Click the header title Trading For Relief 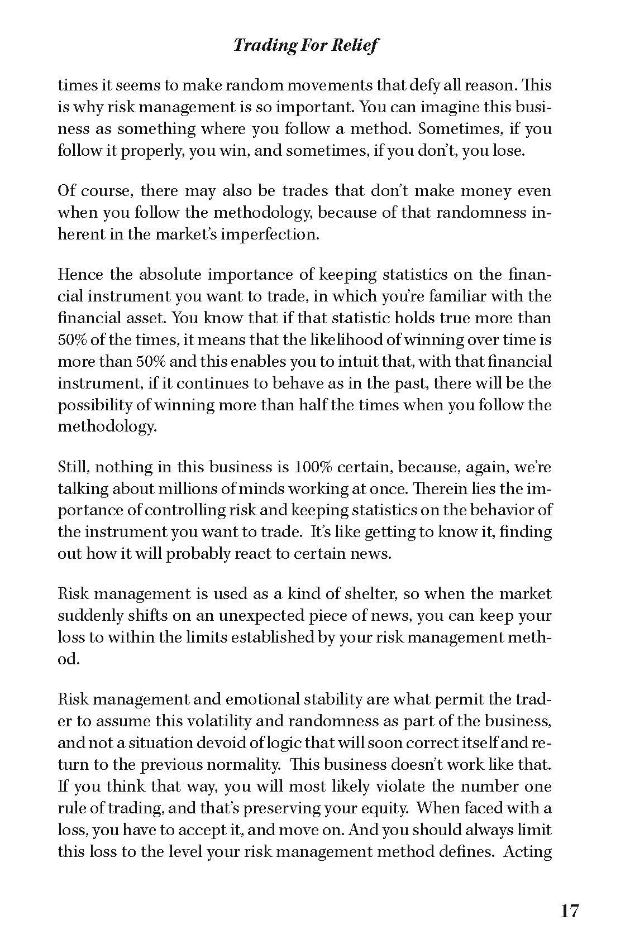tap(306, 45)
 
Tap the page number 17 tap(570, 912)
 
